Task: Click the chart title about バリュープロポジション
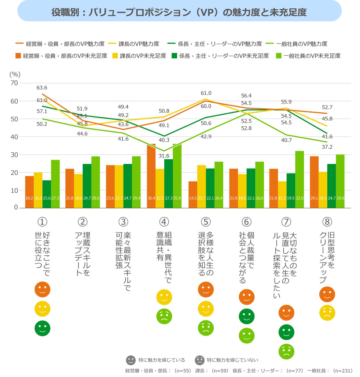pos(179,12)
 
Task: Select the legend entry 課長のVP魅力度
pos(139,44)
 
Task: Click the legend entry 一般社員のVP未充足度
pos(312,56)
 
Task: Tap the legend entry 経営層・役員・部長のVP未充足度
pos(65,56)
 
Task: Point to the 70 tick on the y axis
pos(14,83)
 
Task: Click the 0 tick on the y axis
pos(16,207)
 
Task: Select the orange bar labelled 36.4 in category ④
pos(151,176)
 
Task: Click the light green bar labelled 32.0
pos(299,179)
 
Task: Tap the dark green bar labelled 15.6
pos(47,194)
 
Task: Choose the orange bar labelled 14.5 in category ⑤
pos(193,195)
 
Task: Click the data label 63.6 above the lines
pos(42,88)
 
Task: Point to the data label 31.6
pos(164,156)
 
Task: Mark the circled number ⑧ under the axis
pos(327,222)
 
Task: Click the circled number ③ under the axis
pos(123,222)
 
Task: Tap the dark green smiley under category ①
pos(42,328)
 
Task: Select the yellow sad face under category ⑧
pos(327,313)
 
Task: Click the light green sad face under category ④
pos(164,316)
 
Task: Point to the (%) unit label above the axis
pos(15,74)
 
